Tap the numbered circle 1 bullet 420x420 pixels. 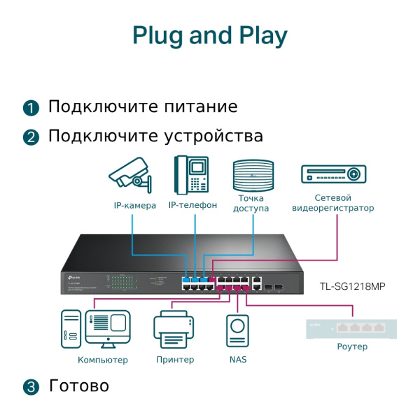coord(31,108)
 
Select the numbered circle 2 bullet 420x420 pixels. coord(31,136)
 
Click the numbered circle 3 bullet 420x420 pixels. coord(31,386)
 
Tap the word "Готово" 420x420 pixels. coord(79,386)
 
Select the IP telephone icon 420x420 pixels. coord(192,175)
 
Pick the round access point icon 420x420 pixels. coord(251,175)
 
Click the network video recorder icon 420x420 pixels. coord(333,174)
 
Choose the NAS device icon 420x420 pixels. coord(238,331)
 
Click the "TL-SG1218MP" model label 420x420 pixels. coord(353,286)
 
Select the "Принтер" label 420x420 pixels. coord(175,360)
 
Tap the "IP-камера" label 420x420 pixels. coord(134,206)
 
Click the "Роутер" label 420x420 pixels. coord(352,346)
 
